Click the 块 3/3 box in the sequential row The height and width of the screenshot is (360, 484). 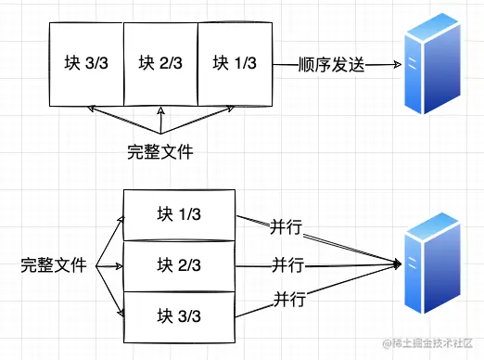[x=85, y=64]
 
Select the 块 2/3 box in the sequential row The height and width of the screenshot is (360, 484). [x=159, y=64]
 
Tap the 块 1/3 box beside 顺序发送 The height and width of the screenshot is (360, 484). [x=234, y=64]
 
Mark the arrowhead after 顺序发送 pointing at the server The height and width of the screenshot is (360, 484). [x=396, y=65]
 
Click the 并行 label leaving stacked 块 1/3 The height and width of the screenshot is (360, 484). [x=286, y=227]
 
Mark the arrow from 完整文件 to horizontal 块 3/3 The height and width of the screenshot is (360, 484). [x=121, y=122]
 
